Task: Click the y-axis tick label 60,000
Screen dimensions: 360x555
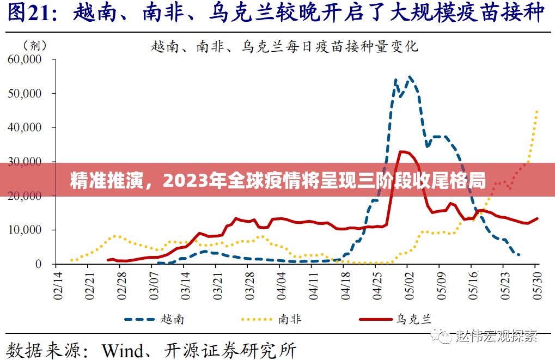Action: point(25,59)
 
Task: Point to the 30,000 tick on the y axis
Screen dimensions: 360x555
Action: point(25,162)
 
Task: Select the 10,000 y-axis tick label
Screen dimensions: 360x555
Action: point(25,230)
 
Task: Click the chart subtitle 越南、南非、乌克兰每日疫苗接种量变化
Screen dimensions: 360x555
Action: point(284,47)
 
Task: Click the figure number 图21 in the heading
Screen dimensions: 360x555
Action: point(31,13)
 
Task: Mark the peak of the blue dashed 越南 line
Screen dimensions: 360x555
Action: point(410,77)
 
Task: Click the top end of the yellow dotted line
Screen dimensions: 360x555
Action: point(537,111)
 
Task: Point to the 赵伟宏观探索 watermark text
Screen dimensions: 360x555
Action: point(496,335)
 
